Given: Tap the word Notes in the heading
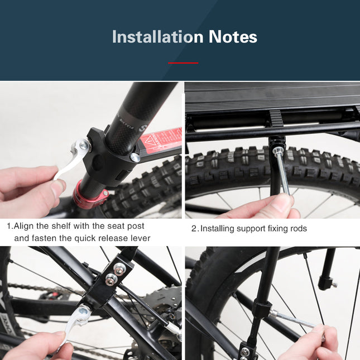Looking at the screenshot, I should [233, 37].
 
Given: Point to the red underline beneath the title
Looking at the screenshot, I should [183, 63].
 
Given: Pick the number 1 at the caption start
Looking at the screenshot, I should [9, 226].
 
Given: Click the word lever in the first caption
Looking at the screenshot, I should [138, 238].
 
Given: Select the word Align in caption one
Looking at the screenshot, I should [25, 226].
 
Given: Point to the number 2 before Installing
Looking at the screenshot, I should [194, 228].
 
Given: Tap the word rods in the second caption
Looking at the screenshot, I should [297, 228].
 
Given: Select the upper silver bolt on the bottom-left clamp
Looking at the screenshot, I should [119, 267].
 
